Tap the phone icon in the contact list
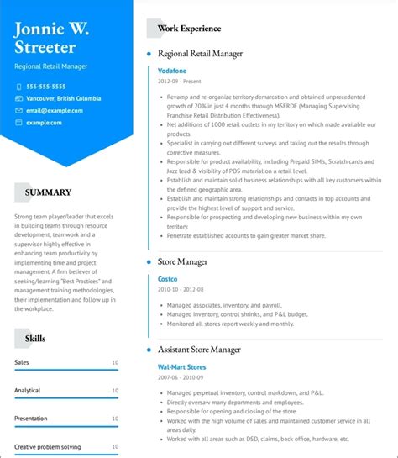click(18, 87)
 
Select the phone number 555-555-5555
click(46, 87)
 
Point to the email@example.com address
click(49, 110)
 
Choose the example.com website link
click(44, 123)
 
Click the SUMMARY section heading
click(48, 192)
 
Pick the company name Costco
click(168, 278)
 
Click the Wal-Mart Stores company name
click(181, 367)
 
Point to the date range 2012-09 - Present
click(180, 82)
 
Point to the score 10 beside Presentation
click(115, 419)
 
